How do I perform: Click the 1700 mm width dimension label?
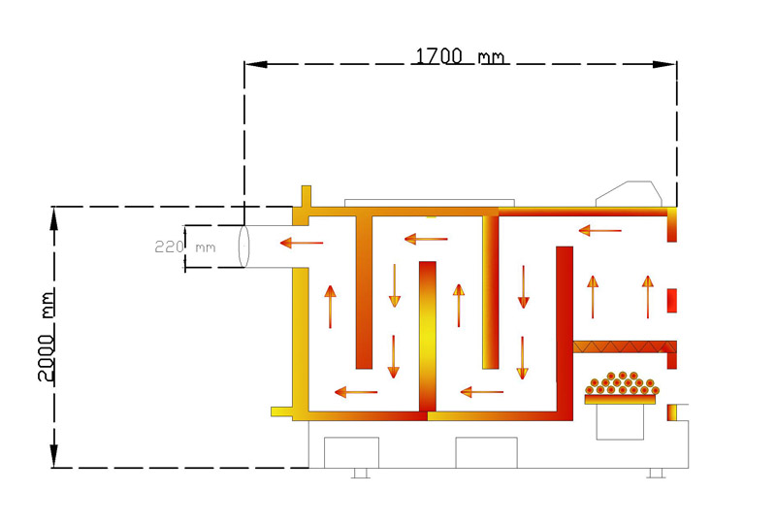(460, 56)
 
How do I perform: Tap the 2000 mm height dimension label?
(47, 337)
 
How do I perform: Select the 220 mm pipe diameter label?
(185, 247)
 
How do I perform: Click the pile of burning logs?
(622, 383)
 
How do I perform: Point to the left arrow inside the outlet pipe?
(302, 243)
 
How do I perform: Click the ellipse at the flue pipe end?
(243, 247)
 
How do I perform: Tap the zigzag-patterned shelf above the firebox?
(625, 346)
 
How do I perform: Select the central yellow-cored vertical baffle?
(428, 337)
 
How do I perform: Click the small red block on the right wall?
(671, 301)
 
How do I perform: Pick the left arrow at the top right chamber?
(599, 230)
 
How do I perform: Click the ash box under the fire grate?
(620, 421)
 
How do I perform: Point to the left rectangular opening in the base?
(351, 452)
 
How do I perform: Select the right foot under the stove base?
(656, 473)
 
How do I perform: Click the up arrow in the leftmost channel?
(330, 307)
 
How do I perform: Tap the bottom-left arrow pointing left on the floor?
(356, 392)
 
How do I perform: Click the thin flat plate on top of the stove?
(430, 203)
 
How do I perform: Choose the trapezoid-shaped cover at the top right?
(629, 194)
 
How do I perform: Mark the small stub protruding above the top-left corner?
(307, 197)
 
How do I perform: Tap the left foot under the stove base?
(360, 473)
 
